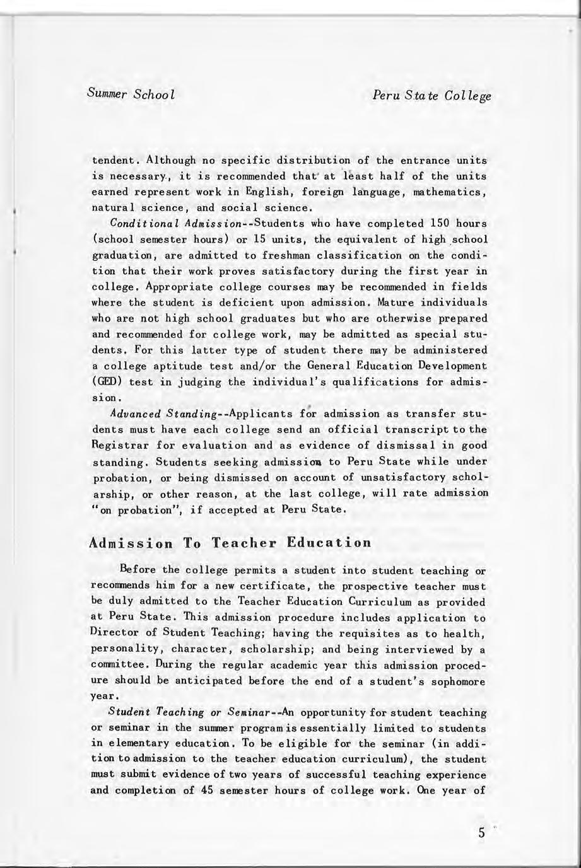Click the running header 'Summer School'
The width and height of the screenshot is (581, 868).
[131, 95]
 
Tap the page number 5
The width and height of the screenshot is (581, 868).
[482, 832]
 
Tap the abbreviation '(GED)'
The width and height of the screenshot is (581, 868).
[105, 382]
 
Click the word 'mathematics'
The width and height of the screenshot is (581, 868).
[450, 191]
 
